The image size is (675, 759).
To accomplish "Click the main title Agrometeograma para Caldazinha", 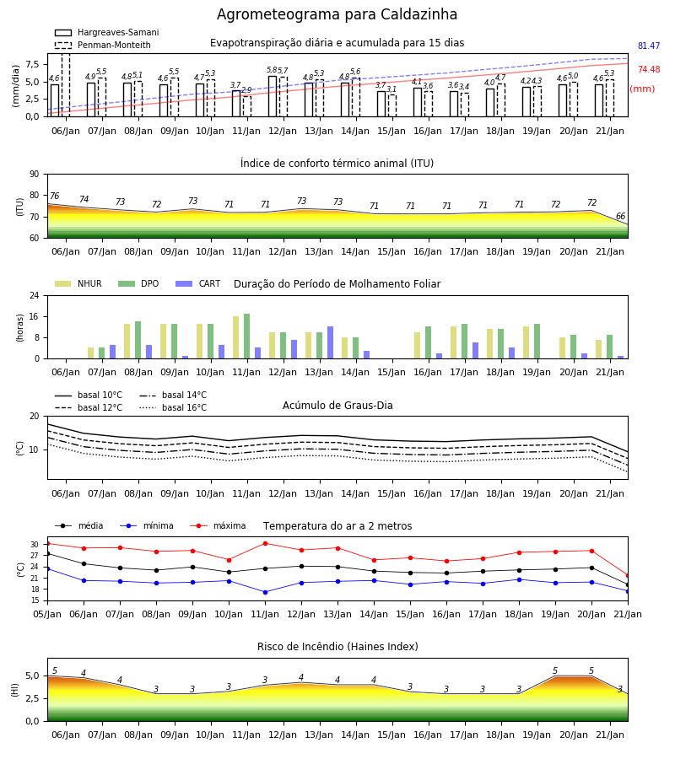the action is pos(337,14).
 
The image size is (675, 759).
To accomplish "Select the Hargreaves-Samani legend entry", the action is pos(106,32).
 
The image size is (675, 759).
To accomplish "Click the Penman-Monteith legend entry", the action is pos(103,45).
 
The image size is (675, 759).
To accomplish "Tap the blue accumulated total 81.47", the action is pos(649,46).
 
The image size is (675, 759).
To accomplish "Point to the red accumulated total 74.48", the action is pos(649,70).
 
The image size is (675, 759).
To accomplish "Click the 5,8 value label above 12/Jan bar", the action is pos(272,70).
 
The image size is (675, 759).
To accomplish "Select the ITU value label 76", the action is pos(54,196).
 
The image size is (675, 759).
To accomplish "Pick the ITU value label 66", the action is pos(620,216).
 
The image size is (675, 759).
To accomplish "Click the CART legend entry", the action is pos(198,283).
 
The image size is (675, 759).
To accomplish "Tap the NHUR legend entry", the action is pos(78,283).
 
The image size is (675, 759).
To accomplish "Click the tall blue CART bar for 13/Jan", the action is pos(330,342).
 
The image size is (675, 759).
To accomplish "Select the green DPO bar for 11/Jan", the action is pos(247,336).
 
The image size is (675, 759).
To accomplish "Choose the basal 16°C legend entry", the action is pos(173,407).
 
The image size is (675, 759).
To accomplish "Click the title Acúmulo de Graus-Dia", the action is pos(337,406).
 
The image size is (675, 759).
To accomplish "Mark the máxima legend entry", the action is pos(218,525).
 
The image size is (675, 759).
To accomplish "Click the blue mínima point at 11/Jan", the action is pos(265,592).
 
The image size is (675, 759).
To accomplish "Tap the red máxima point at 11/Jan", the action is pos(265,543).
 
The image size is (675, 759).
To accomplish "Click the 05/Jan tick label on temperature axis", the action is pos(47,614).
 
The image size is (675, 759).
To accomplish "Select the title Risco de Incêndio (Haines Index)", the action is pos(337,647).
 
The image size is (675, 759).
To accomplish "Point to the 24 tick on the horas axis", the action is pos(35,295).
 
